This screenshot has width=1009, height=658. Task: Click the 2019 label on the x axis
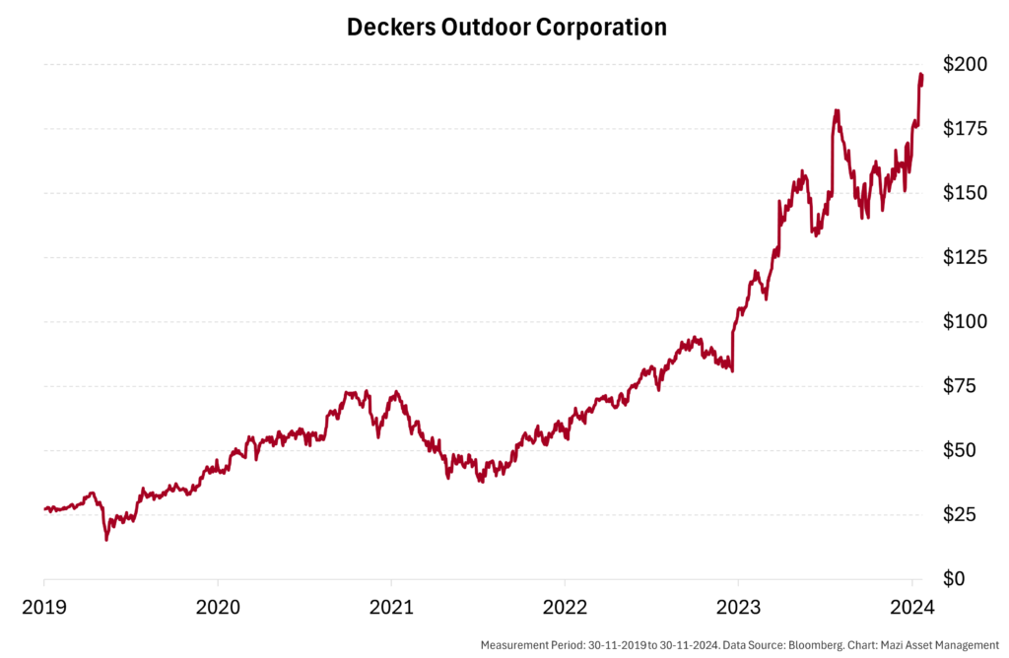(x=44, y=605)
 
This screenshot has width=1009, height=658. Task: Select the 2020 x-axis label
(x=218, y=605)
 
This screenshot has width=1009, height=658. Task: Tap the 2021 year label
(x=391, y=605)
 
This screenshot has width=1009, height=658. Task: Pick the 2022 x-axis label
(x=566, y=605)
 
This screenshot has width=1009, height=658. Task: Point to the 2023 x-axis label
(x=739, y=605)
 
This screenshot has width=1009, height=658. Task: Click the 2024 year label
(x=912, y=605)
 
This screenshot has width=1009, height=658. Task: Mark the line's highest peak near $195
(x=920, y=75)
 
